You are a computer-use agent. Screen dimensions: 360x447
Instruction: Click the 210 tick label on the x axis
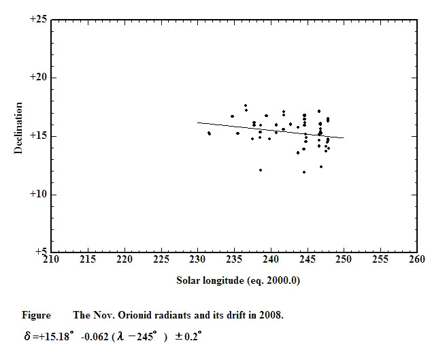pyautogui.click(x=51, y=259)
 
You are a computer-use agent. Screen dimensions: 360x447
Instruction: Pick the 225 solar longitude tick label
pyautogui.click(x=161, y=259)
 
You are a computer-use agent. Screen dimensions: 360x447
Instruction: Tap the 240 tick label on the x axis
pyautogui.click(x=271, y=259)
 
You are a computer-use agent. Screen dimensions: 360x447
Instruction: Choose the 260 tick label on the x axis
pyautogui.click(x=417, y=259)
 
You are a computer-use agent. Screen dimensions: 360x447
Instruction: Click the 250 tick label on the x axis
pyautogui.click(x=344, y=259)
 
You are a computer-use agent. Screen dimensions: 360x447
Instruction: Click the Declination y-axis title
pyautogui.click(x=19, y=128)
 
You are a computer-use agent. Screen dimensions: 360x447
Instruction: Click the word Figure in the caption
pyautogui.click(x=36, y=315)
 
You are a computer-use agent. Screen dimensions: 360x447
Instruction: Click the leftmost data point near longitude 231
pyautogui.click(x=208, y=133)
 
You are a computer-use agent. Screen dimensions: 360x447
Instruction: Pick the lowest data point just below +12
pyautogui.click(x=303, y=172)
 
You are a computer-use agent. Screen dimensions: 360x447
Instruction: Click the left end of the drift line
pyautogui.click(x=197, y=122)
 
